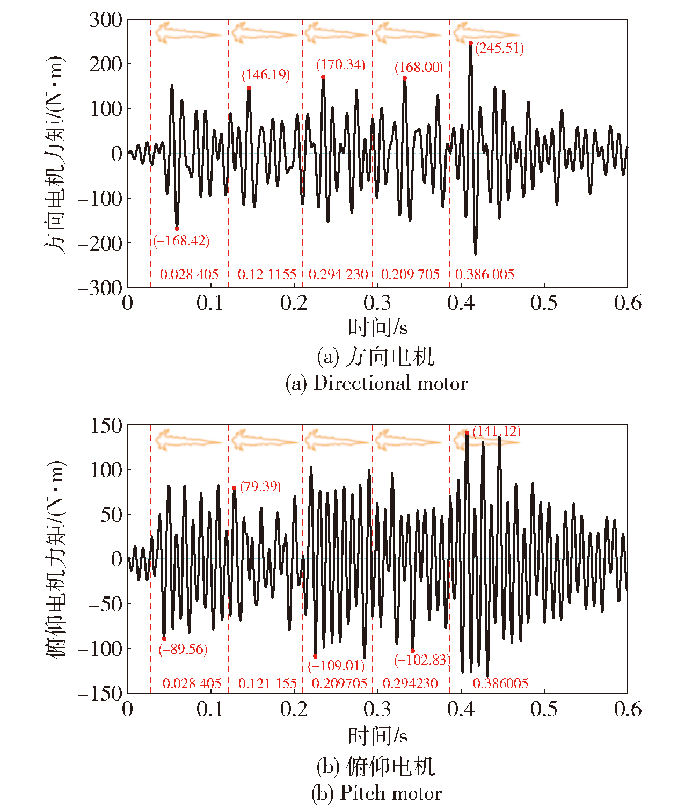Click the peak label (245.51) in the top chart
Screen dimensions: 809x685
click(x=499, y=48)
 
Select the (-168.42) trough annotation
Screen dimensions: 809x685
click(x=181, y=241)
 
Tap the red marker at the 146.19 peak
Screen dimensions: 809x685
click(x=249, y=88)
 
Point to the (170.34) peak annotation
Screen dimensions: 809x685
click(x=340, y=65)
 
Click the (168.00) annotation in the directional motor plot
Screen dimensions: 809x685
click(x=419, y=68)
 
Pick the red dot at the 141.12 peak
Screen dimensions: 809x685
click(x=467, y=433)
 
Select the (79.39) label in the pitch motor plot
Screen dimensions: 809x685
click(x=260, y=487)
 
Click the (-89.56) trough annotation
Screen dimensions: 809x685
click(x=183, y=650)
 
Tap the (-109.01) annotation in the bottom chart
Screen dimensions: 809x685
click(x=336, y=666)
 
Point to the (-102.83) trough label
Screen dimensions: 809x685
click(x=422, y=660)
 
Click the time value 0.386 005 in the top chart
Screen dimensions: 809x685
click(x=485, y=275)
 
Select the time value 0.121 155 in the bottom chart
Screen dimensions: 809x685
click(x=267, y=684)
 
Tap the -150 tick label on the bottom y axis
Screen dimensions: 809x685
click(x=100, y=694)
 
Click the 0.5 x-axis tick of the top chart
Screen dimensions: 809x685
click(x=544, y=303)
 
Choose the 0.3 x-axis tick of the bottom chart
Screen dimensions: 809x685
click(x=377, y=710)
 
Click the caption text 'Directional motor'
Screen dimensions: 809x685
click(x=390, y=383)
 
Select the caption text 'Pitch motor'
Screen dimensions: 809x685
click(x=391, y=793)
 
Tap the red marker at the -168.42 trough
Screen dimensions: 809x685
click(x=177, y=229)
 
